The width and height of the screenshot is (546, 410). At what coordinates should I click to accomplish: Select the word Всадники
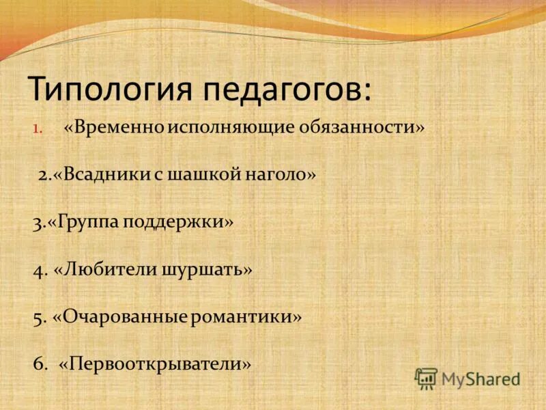(102, 175)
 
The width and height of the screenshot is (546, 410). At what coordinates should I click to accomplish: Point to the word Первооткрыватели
(155, 364)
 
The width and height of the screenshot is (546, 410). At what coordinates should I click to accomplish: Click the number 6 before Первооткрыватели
(38, 364)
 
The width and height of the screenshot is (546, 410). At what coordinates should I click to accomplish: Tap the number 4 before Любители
(38, 270)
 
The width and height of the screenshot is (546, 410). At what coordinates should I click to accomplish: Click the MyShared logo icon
(426, 378)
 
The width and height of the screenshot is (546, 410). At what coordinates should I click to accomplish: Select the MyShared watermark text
(480, 379)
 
